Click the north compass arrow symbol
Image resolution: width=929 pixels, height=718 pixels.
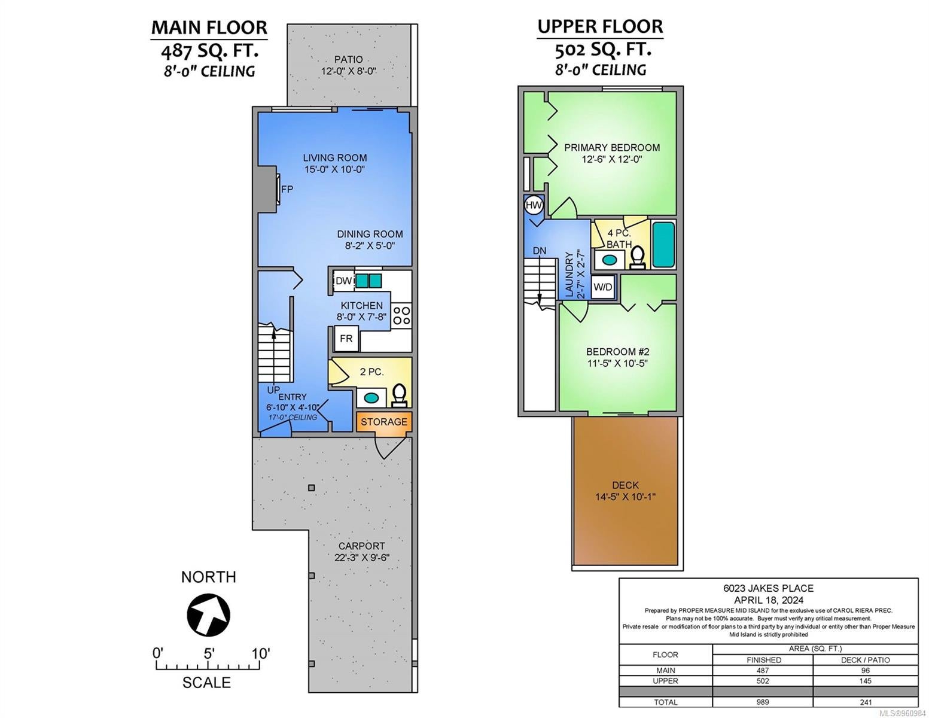tap(209, 615)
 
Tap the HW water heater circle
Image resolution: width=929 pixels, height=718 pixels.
tap(534, 205)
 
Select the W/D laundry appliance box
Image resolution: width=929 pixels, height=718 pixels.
tap(603, 287)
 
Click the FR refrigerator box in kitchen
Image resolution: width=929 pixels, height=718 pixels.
tap(346, 339)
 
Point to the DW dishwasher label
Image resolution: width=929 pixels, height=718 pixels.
tap(344, 281)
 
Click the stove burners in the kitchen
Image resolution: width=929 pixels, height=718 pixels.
tap(401, 315)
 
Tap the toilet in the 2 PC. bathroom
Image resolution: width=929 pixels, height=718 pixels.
tap(400, 395)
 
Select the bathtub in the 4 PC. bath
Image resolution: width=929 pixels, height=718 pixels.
tap(663, 245)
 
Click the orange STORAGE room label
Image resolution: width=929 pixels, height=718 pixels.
tap(384, 422)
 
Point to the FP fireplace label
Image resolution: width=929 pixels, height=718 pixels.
tap(287, 189)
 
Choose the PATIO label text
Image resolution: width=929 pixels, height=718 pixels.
tap(348, 59)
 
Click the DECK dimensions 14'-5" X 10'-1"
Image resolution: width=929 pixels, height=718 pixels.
tap(626, 497)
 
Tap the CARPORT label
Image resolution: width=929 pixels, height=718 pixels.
tap(362, 546)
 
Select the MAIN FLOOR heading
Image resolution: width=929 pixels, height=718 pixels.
tap(209, 28)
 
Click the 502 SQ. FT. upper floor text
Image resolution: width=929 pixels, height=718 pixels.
tap(603, 50)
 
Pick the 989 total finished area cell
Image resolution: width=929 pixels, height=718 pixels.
tap(763, 702)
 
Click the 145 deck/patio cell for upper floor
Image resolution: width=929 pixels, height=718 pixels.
tap(866, 681)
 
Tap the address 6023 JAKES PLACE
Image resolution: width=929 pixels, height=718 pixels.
tap(769, 588)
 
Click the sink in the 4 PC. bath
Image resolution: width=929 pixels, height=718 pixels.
tap(609, 260)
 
